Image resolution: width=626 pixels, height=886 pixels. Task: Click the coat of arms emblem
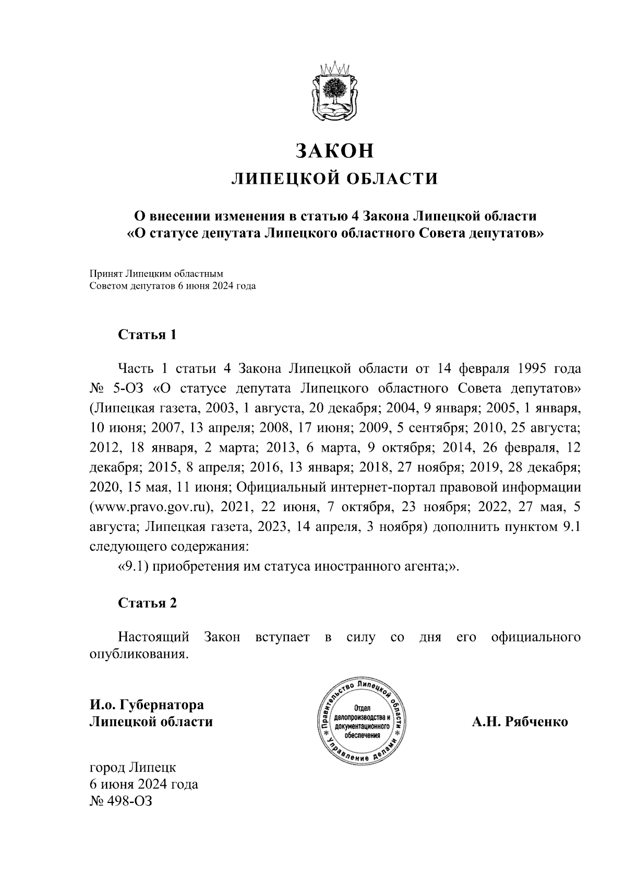pyautogui.click(x=334, y=91)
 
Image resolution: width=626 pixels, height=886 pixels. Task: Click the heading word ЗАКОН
pyautogui.click(x=334, y=150)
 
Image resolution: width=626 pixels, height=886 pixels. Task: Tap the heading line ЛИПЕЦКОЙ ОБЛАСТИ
pyautogui.click(x=334, y=179)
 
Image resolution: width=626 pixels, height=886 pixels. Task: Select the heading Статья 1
pyautogui.click(x=147, y=334)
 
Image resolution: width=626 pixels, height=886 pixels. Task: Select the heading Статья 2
pyautogui.click(x=147, y=603)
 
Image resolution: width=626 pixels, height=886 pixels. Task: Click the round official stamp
pyautogui.click(x=362, y=723)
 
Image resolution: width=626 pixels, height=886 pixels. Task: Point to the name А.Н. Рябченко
pyautogui.click(x=520, y=723)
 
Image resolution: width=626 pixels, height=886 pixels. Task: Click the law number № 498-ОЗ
pyautogui.click(x=121, y=801)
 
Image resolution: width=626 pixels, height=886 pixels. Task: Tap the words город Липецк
pyautogui.click(x=133, y=767)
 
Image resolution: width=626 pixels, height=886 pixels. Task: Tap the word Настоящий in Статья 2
pyautogui.click(x=153, y=637)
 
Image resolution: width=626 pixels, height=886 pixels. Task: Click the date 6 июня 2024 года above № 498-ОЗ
pyautogui.click(x=144, y=784)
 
